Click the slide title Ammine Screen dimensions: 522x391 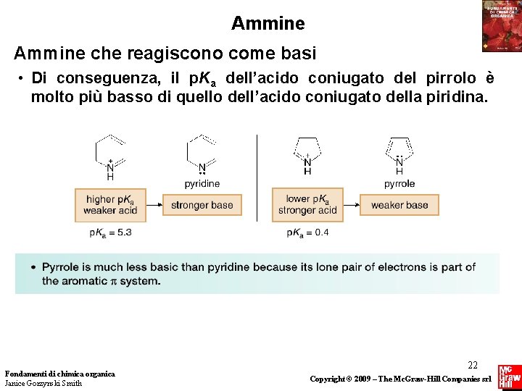click(268, 24)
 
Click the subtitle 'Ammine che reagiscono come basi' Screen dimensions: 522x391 click(165, 54)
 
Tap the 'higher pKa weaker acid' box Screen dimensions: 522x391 click(110, 205)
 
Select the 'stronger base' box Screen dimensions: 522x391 click(202, 205)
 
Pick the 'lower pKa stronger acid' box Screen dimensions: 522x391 click(307, 205)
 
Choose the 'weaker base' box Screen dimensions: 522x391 click(399, 205)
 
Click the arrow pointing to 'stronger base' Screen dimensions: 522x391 click(154, 206)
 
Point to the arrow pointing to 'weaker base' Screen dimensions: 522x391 click(352, 206)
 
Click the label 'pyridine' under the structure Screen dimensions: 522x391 click(202, 184)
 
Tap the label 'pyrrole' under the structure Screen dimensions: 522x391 click(399, 184)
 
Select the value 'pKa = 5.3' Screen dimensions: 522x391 click(110, 232)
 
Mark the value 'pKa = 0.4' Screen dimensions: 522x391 click(307, 232)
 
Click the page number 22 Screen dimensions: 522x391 click(473, 366)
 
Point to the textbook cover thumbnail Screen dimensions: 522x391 click(501, 26)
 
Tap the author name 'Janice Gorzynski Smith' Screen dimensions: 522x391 click(43, 383)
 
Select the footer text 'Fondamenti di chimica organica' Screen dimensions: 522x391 click(59, 374)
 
